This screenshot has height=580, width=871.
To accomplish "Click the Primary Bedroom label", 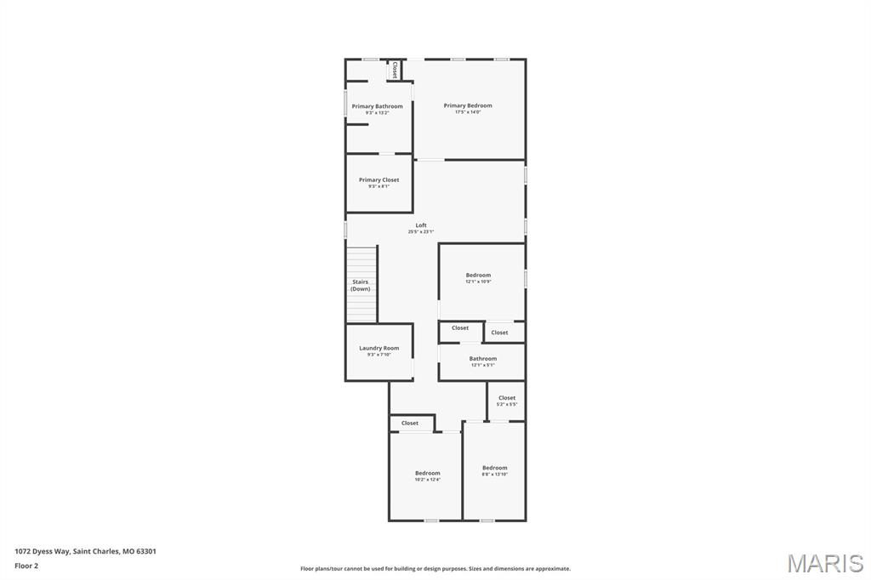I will [468, 105].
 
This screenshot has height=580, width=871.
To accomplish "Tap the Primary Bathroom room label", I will [378, 106].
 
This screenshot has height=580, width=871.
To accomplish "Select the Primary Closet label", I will [379, 179].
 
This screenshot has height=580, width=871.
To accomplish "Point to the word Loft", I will [421, 225].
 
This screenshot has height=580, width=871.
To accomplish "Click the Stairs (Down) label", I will [361, 285].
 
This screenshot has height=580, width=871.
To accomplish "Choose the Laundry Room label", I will [379, 348].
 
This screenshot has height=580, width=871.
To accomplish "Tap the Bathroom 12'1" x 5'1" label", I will [483, 358].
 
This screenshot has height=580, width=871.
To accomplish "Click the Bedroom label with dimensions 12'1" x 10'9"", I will [478, 275].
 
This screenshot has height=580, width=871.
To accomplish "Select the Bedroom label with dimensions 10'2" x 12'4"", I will [428, 473].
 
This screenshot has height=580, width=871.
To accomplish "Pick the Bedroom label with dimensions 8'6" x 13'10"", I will [494, 468].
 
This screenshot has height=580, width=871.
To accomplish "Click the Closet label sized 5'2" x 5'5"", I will [507, 398].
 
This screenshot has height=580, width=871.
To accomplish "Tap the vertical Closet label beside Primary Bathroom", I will [395, 70].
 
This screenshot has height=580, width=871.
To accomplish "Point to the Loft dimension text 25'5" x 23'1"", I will [421, 232].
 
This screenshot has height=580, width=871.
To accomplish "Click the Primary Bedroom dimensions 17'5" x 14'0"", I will [468, 112].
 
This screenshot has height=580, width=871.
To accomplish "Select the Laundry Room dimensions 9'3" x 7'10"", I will [379, 355].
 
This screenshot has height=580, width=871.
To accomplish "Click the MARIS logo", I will [825, 563].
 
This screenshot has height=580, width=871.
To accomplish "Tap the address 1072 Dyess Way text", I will [85, 551].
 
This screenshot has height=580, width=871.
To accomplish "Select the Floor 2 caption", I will [26, 566].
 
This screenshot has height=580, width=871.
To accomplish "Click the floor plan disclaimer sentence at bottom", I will [435, 569].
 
